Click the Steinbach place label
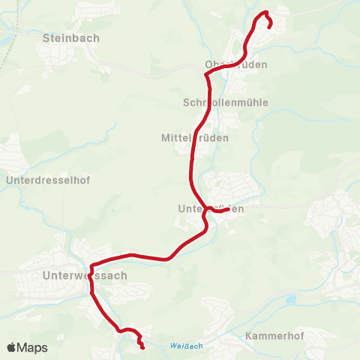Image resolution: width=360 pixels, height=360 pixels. point(71,37)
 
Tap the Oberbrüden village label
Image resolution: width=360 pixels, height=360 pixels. point(236,64)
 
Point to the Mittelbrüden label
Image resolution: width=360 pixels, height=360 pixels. point(194,138)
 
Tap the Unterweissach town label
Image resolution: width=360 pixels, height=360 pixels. point(85,275)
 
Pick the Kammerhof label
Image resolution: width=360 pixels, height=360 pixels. point(274,336)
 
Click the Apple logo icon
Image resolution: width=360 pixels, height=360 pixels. point(12,347)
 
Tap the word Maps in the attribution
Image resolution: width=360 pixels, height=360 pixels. point(32,348)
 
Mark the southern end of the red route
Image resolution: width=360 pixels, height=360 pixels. point(142,347)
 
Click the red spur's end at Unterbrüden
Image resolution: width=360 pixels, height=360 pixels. point(227,209)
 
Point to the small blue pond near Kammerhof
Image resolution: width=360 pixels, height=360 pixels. point(291,300)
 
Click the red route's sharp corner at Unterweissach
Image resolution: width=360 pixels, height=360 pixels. point(91,265)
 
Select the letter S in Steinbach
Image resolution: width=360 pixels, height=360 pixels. point(47,37)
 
